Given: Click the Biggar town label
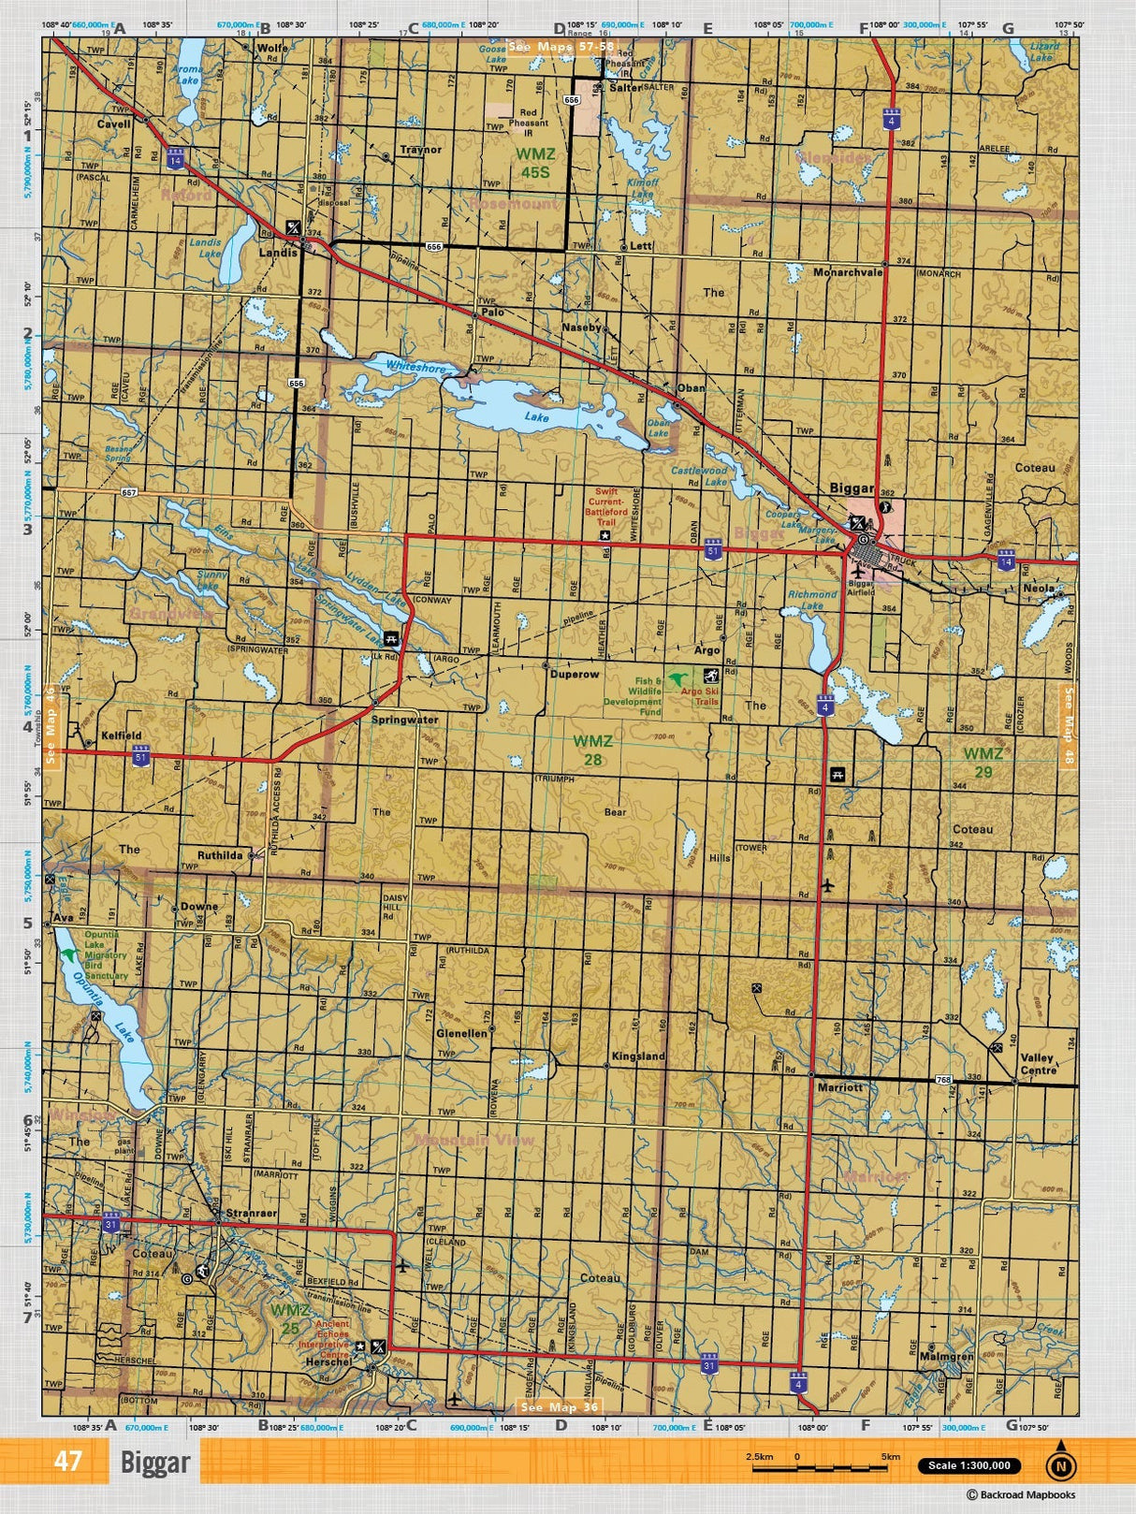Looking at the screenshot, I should pyautogui.click(x=852, y=488).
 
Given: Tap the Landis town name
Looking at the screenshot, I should pyautogui.click(x=277, y=253).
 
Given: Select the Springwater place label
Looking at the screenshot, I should pyautogui.click(x=404, y=720).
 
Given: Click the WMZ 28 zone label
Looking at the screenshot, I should pyautogui.click(x=593, y=750).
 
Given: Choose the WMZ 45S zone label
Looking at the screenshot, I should pyautogui.click(x=536, y=163).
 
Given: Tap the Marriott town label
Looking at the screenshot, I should pyautogui.click(x=839, y=1088).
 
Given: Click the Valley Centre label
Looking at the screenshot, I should pyautogui.click(x=1038, y=1064).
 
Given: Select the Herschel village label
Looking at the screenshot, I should pyautogui.click(x=328, y=1362).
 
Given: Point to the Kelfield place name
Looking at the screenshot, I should pyautogui.click(x=122, y=735).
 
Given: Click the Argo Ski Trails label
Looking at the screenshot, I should pyautogui.click(x=700, y=696).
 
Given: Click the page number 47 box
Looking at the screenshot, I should pyautogui.click(x=67, y=1462).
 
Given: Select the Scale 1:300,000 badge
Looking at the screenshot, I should pyautogui.click(x=969, y=1466).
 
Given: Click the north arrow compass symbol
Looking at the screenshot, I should pyautogui.click(x=1059, y=1465).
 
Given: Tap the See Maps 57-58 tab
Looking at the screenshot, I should pyautogui.click(x=561, y=46).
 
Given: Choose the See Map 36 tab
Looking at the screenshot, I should pyautogui.click(x=559, y=1407).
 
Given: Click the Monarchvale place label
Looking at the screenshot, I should pyautogui.click(x=848, y=272).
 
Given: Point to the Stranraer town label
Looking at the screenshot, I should pyautogui.click(x=251, y=1213).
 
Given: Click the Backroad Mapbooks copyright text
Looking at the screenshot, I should pyautogui.click(x=1021, y=1495).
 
